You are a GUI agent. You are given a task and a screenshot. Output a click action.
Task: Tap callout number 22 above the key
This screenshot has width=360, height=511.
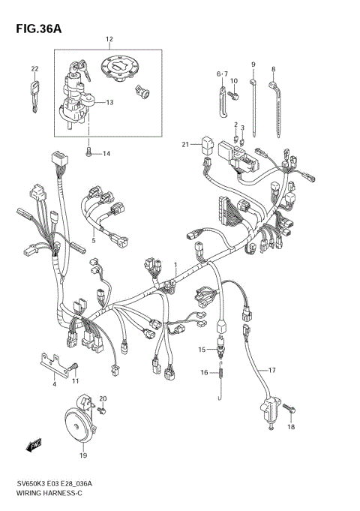34,69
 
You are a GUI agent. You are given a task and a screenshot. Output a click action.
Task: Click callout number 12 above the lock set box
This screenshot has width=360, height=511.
109,39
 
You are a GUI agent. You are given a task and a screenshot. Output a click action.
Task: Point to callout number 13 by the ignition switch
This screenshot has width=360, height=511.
109,103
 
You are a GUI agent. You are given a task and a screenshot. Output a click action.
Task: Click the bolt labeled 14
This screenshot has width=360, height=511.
89,153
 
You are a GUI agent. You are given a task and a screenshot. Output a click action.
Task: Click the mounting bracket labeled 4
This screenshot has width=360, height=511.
51,363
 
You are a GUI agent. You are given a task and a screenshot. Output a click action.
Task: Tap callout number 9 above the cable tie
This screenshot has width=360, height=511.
253,65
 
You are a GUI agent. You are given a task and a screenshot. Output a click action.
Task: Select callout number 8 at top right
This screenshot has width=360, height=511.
274,69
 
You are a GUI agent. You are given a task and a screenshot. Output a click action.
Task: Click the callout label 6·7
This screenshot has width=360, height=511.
222,74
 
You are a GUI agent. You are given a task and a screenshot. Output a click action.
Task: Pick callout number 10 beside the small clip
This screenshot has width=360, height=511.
234,81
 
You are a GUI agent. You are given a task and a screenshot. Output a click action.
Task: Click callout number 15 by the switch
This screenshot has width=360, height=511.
202,350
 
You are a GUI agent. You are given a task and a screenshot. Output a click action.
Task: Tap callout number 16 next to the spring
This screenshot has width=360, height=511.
203,372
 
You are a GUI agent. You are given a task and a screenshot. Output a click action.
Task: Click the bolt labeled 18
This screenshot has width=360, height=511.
292,410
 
